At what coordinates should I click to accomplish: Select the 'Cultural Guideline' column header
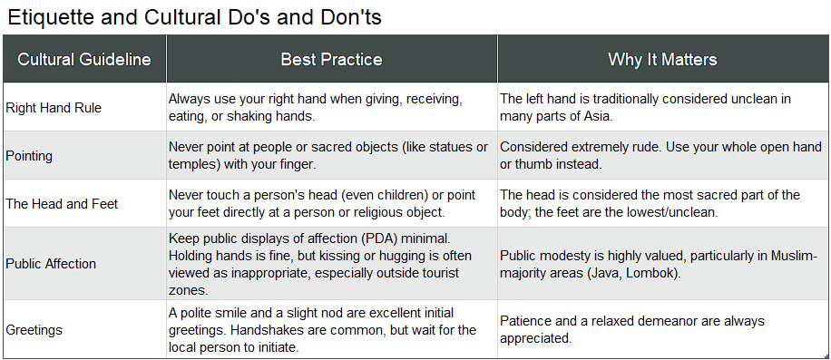(x=84, y=60)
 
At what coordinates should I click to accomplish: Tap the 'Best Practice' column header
(x=331, y=60)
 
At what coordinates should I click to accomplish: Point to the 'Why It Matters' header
(x=662, y=60)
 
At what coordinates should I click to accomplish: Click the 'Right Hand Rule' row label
(x=54, y=108)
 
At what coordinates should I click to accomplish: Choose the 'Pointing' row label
(x=29, y=156)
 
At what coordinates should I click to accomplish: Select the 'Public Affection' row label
(x=51, y=264)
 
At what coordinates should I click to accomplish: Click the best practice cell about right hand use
(x=316, y=107)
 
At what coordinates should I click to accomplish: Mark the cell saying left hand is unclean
(x=646, y=107)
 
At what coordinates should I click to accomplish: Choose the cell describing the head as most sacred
(x=650, y=203)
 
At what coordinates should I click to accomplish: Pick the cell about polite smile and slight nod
(x=322, y=330)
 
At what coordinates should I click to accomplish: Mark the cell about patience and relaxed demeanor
(x=632, y=330)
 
